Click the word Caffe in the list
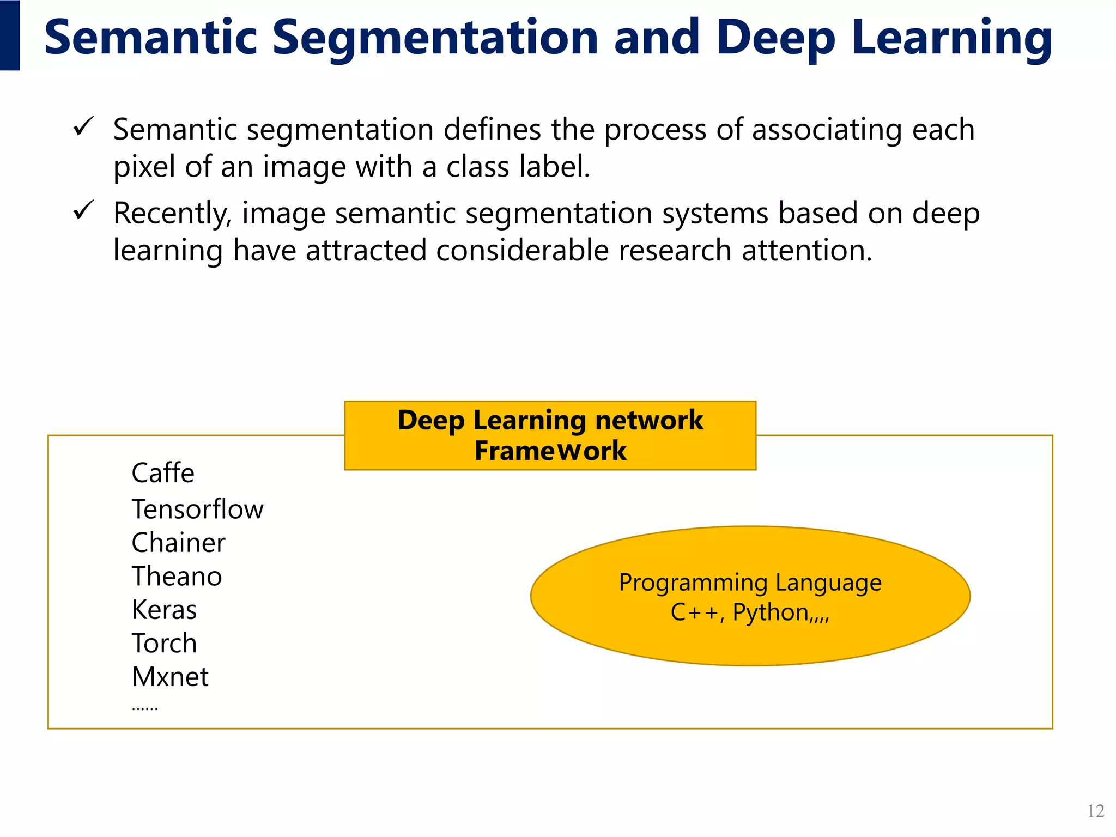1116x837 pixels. (163, 473)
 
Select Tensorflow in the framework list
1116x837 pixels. (197, 510)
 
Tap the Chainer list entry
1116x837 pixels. (178, 543)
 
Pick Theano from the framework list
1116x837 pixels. (177, 577)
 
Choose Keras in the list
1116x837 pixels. (164, 610)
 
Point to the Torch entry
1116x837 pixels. (164, 644)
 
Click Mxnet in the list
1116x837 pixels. (170, 677)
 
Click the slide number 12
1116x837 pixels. (1095, 811)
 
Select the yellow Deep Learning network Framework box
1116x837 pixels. (550, 435)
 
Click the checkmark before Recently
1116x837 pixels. (84, 210)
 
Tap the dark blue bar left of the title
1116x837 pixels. (10, 35)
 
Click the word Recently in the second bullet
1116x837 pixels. (172, 214)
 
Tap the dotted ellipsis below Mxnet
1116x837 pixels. (145, 709)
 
